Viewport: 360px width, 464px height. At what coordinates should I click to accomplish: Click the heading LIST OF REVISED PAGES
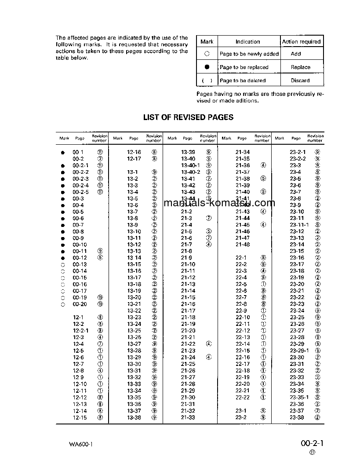188,117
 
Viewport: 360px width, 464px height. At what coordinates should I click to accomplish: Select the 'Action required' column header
301,42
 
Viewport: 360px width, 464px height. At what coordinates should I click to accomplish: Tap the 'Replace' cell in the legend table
301,67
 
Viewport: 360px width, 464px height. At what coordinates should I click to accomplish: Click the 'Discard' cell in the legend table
300,80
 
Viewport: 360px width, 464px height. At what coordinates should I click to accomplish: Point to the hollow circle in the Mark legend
207,54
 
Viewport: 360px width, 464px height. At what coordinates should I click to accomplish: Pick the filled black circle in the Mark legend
207,67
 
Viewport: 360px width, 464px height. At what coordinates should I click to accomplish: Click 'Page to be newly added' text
249,54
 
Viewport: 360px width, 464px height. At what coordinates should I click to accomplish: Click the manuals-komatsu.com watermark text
219,203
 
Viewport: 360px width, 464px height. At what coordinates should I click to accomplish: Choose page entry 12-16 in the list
134,152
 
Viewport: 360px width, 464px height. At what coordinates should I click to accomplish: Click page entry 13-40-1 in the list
190,165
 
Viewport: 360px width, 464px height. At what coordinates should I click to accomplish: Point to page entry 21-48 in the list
243,245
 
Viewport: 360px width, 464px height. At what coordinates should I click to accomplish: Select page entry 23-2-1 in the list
298,152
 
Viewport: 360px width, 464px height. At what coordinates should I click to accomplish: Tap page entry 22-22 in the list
243,398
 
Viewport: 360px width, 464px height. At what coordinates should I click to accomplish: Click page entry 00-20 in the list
80,304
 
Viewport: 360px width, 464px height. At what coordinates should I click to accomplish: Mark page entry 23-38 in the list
297,417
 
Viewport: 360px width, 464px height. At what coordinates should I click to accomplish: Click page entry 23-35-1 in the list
299,398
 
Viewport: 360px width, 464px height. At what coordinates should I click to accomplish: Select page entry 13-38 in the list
134,417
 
